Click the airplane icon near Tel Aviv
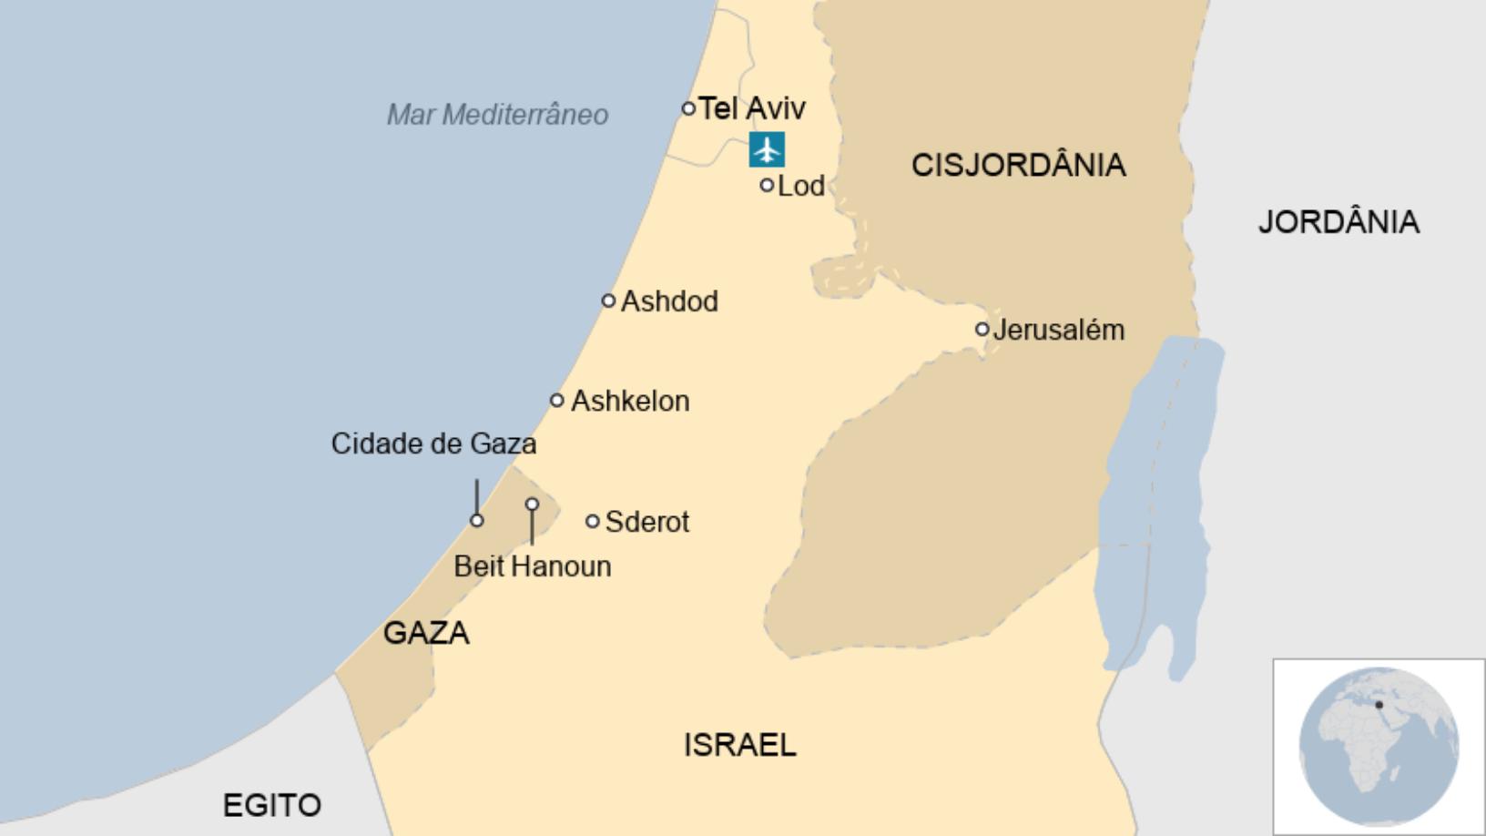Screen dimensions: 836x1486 point(767,149)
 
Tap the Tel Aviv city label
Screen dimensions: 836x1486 point(752,108)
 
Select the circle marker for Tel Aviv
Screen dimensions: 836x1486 point(688,108)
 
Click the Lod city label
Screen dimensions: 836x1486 point(801,186)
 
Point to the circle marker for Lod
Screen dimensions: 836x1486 point(767,185)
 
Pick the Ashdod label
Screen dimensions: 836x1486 point(669,301)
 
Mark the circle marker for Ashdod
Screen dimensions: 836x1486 point(608,301)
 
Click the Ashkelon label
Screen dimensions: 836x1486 point(630,401)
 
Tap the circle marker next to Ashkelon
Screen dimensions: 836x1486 point(557,400)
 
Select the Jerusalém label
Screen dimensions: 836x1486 point(1059,330)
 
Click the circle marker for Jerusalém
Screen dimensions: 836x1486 point(982,329)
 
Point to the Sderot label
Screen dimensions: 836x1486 point(647,522)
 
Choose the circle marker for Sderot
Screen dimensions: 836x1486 point(592,521)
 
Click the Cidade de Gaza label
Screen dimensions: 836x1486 point(433,444)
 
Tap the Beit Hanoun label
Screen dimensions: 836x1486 point(533,566)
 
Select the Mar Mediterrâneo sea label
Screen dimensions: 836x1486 point(497,115)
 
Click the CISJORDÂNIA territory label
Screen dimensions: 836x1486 point(1018,165)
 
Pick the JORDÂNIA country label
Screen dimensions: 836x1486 point(1338,222)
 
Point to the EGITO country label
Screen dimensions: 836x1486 point(272,805)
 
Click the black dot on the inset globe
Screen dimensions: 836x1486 point(1379,705)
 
